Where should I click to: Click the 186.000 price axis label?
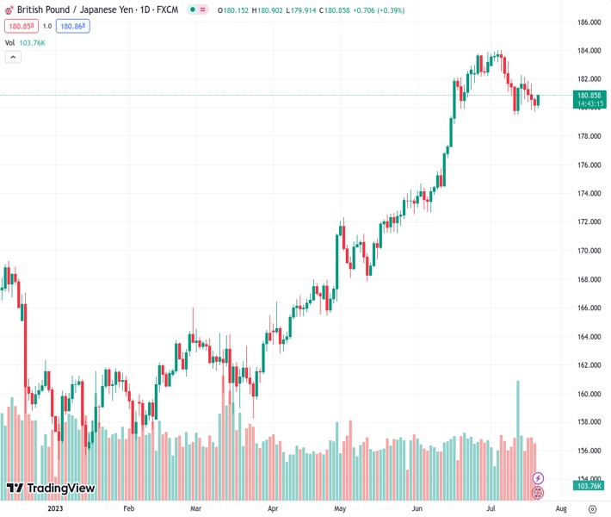click(x=589, y=22)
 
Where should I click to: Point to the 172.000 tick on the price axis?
click(x=589, y=222)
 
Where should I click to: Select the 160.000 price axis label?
click(x=589, y=394)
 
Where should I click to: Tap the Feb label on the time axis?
click(x=129, y=508)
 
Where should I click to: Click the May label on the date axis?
click(x=339, y=508)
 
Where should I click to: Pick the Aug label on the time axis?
click(x=560, y=508)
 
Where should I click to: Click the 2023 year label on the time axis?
click(x=55, y=508)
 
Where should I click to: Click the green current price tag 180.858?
click(x=589, y=96)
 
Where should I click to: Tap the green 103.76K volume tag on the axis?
click(x=589, y=486)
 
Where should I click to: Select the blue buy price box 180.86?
click(x=72, y=26)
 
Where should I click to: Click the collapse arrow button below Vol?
click(x=13, y=57)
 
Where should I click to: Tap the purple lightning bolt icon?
click(x=539, y=478)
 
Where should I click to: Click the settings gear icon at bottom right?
click(x=592, y=508)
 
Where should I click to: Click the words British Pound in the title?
click(x=43, y=10)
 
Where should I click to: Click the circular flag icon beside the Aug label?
click(x=539, y=493)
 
